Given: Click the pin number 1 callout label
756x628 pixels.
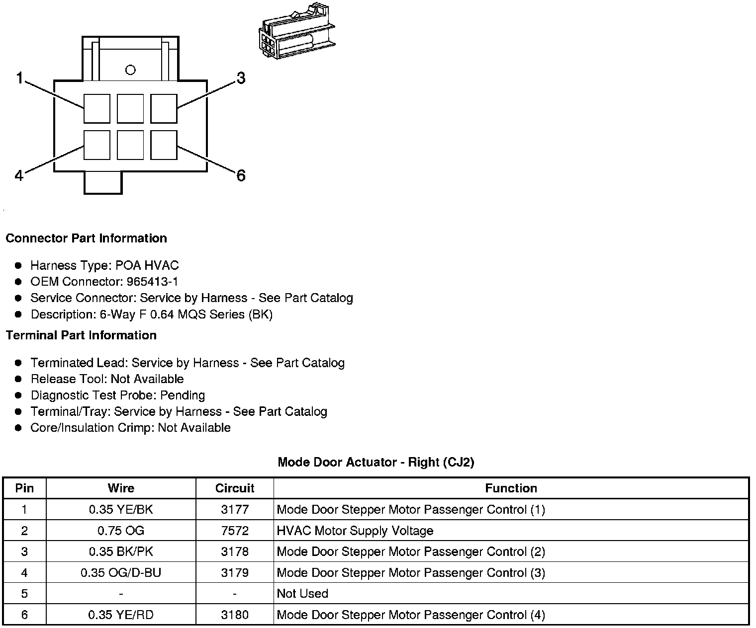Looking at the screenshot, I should click(20, 78).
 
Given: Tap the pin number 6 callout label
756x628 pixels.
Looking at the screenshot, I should click(241, 175).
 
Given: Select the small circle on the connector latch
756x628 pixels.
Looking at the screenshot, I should click(130, 70).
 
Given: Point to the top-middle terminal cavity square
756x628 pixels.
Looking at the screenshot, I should click(130, 108).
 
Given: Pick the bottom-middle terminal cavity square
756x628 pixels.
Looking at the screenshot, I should click(130, 145).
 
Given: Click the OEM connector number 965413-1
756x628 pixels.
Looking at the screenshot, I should click(152, 282).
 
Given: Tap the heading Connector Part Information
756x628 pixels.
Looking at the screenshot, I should click(86, 238).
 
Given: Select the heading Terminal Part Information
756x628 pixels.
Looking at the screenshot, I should click(81, 335).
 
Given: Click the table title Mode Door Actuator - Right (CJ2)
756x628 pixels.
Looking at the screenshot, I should click(376, 463).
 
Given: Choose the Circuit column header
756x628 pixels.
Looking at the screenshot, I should click(235, 488).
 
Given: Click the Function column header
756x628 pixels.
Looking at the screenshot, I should click(511, 488).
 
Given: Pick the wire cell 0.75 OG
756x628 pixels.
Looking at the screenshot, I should click(121, 531).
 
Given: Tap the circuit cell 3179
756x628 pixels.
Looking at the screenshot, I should click(235, 573).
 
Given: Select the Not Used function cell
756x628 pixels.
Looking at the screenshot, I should click(302, 594).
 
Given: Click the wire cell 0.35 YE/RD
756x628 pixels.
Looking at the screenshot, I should click(121, 615).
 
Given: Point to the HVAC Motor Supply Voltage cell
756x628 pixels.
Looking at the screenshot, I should click(355, 531).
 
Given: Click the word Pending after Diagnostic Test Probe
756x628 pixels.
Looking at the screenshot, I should click(182, 395).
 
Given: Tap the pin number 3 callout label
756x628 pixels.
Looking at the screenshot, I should click(241, 78).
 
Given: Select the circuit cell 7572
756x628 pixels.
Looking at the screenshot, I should click(235, 531).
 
